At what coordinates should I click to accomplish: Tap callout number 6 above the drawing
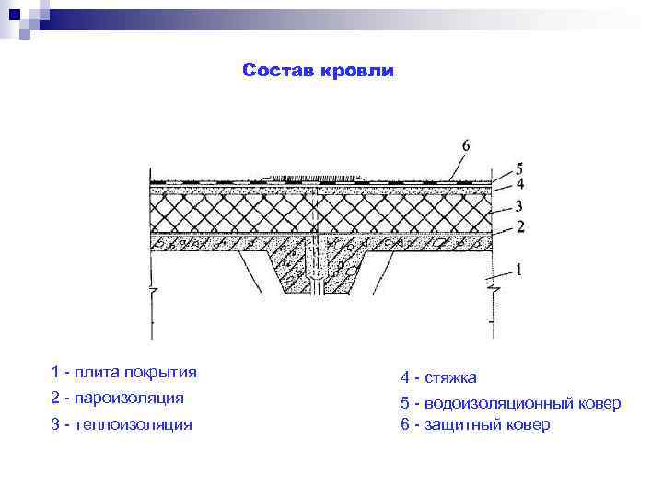pyautogui.click(x=465, y=145)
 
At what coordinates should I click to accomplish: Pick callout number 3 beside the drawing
pyautogui.click(x=519, y=206)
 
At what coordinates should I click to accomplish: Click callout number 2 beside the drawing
pyautogui.click(x=519, y=226)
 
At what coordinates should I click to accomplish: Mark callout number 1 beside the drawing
pyautogui.click(x=519, y=270)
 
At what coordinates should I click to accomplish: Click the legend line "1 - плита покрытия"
pyautogui.click(x=124, y=372)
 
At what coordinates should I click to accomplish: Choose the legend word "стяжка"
pyautogui.click(x=451, y=377)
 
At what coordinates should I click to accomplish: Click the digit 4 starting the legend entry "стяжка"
pyautogui.click(x=405, y=377)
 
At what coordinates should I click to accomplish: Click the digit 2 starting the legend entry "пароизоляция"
pyautogui.click(x=56, y=398)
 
